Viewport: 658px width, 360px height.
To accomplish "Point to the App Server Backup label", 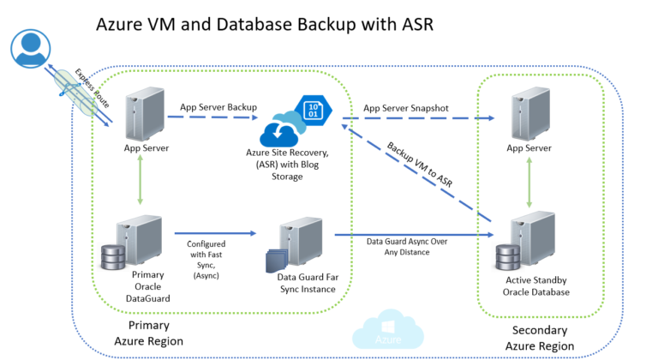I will pyautogui.click(x=218, y=107).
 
